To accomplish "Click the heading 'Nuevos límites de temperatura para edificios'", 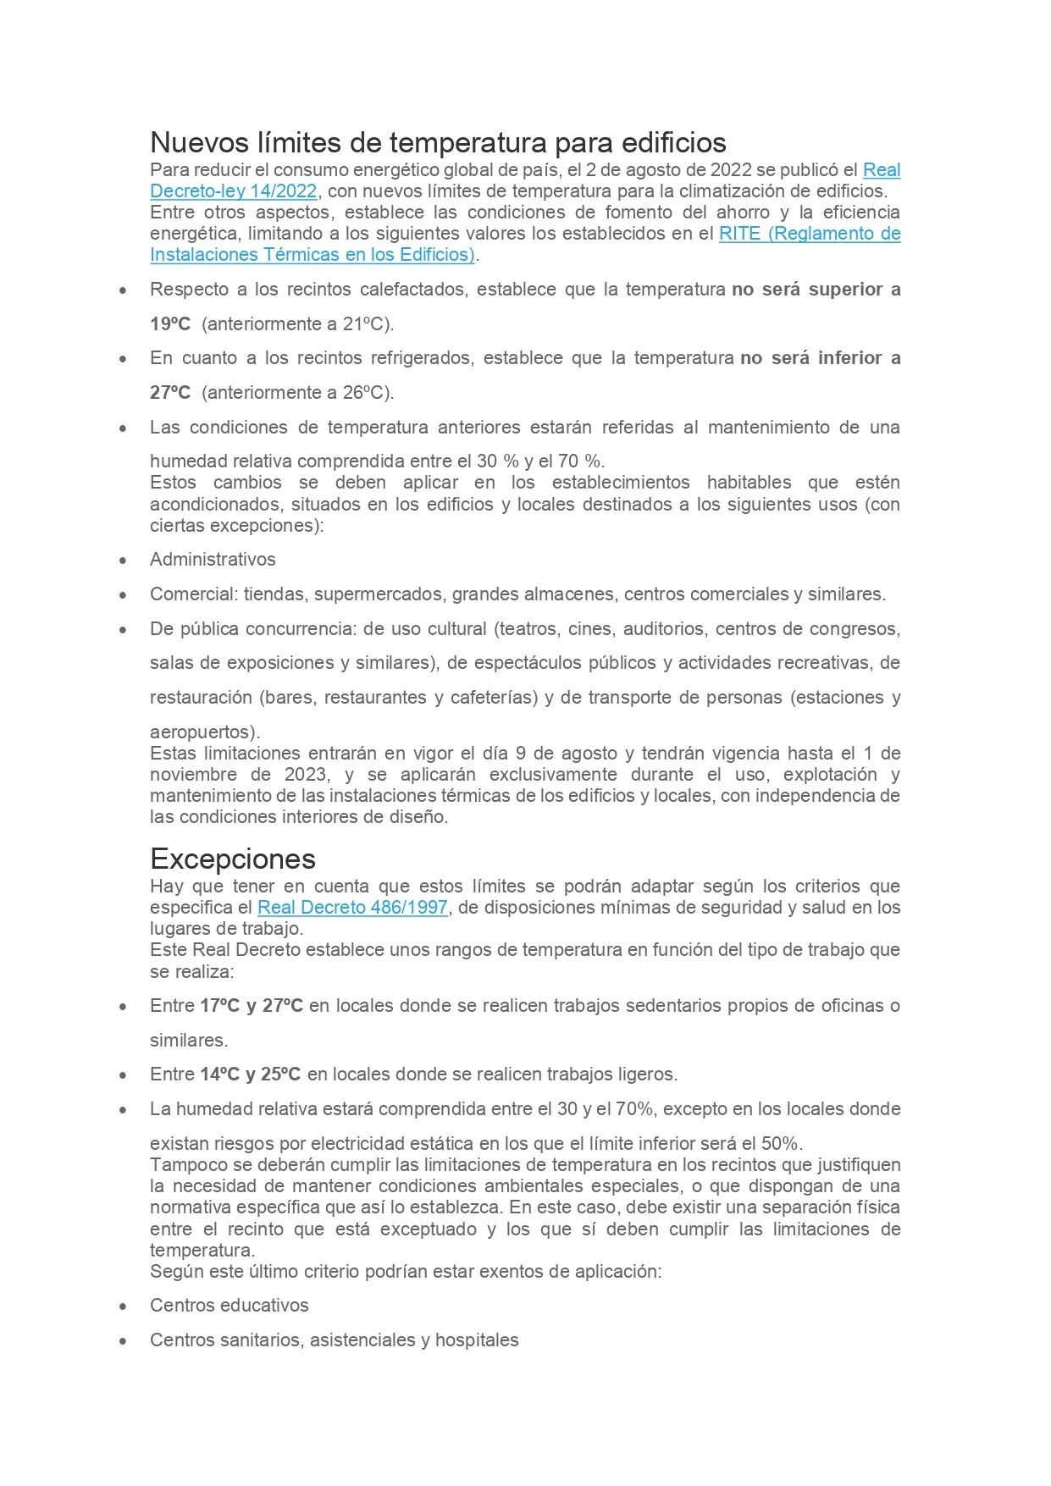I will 438,141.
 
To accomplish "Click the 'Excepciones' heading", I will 233,859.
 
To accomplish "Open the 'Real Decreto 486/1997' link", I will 352,908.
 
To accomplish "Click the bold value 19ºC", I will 170,324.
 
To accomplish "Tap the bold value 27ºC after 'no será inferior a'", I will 170,393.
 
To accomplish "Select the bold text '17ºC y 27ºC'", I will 252,1006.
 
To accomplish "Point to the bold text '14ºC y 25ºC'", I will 251,1074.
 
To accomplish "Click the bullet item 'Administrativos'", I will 213,560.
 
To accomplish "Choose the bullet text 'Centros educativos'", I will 230,1306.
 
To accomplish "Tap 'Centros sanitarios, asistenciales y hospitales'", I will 335,1340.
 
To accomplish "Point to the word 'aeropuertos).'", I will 205,732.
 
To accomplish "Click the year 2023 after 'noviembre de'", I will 306,775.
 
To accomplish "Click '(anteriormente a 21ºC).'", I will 298,324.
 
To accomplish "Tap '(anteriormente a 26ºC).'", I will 298,393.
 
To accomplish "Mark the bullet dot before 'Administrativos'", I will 124,561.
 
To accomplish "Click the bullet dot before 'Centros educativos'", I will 124,1306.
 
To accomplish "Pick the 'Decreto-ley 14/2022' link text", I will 234,191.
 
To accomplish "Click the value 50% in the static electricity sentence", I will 780,1144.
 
